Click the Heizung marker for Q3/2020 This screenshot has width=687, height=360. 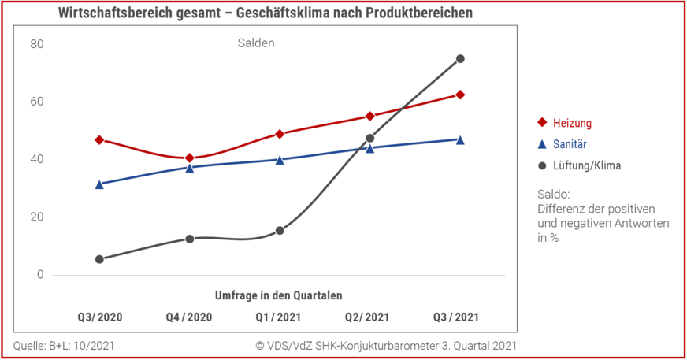tap(99, 140)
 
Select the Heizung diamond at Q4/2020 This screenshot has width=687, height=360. tap(190, 158)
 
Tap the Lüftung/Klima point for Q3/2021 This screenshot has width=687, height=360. tap(460, 59)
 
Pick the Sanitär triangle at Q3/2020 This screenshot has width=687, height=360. tap(99, 184)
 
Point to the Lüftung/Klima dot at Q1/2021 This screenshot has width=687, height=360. tap(280, 231)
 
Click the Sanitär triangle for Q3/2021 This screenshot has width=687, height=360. tap(460, 139)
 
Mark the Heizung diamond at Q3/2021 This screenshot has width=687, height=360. tap(460, 95)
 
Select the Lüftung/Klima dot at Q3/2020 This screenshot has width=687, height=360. tap(99, 259)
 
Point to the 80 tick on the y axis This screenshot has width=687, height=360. tap(37, 44)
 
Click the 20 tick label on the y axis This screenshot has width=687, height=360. tap(37, 217)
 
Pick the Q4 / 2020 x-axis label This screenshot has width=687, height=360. tap(189, 317)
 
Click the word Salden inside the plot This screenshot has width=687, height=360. tap(256, 43)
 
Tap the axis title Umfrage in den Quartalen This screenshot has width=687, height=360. tap(279, 295)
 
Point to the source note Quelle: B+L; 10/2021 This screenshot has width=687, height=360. tap(64, 346)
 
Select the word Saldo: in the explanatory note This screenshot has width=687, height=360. tap(554, 194)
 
